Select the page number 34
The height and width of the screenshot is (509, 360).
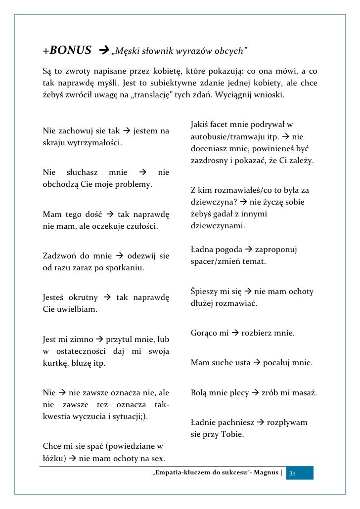pos(293,474)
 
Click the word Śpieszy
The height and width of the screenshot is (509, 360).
pos(205,292)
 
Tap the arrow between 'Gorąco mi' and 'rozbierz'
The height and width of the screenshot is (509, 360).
pos(235,334)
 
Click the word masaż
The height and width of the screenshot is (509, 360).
pos(305,393)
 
